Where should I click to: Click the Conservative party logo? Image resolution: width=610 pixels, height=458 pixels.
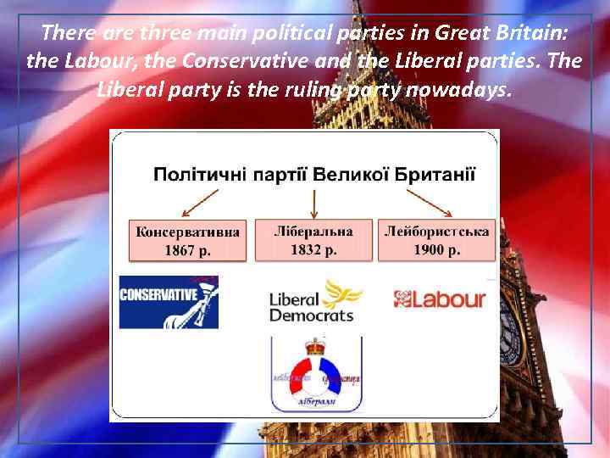tap(169, 303)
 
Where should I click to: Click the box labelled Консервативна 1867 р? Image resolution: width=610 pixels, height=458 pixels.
tap(186, 240)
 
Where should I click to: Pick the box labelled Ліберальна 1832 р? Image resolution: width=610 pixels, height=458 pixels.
tap(313, 240)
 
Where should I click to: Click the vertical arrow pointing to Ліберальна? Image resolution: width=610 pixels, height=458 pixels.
tap(314, 202)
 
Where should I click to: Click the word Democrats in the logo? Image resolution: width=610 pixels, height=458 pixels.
tap(311, 316)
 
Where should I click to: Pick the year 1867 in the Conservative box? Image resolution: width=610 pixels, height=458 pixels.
tap(180, 250)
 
